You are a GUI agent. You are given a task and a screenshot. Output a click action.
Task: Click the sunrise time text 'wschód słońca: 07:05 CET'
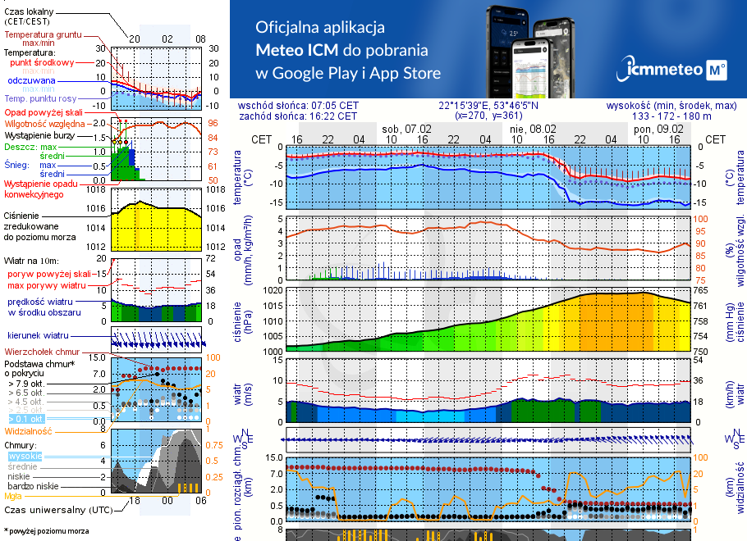click(297, 106)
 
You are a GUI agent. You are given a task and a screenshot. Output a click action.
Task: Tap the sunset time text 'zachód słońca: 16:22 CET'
click(297, 116)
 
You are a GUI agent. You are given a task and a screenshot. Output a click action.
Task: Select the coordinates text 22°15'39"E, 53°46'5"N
click(488, 106)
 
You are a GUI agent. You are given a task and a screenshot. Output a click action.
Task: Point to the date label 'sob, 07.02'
click(407, 129)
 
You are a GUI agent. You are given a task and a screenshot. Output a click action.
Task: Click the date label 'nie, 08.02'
click(532, 129)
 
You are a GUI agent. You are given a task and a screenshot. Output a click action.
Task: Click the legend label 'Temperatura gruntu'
click(44, 35)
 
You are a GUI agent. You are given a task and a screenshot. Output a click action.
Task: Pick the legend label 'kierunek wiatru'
click(38, 336)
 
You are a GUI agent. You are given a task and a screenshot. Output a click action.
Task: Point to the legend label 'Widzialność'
click(29, 430)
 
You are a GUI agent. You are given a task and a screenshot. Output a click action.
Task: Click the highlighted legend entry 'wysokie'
click(25, 455)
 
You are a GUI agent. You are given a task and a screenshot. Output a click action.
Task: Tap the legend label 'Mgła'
click(13, 496)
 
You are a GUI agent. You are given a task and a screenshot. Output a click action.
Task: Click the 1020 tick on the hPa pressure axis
click(273, 290)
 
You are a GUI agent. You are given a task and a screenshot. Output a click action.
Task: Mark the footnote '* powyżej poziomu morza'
click(46, 531)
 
